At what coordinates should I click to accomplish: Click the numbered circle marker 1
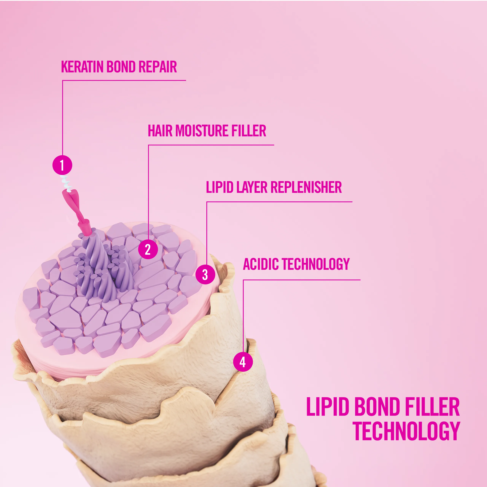(x=62, y=165)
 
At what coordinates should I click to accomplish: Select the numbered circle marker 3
(x=205, y=275)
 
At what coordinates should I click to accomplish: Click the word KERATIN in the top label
(x=82, y=67)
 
